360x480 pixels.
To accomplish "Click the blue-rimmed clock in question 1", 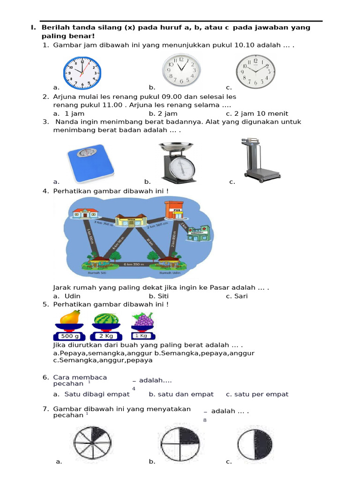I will (x=82, y=73).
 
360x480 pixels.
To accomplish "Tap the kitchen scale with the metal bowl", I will (x=176, y=162).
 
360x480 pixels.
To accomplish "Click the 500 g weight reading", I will (x=69, y=336).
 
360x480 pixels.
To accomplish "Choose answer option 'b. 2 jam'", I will (x=163, y=113).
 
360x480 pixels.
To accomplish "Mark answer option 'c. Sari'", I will (x=237, y=296).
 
